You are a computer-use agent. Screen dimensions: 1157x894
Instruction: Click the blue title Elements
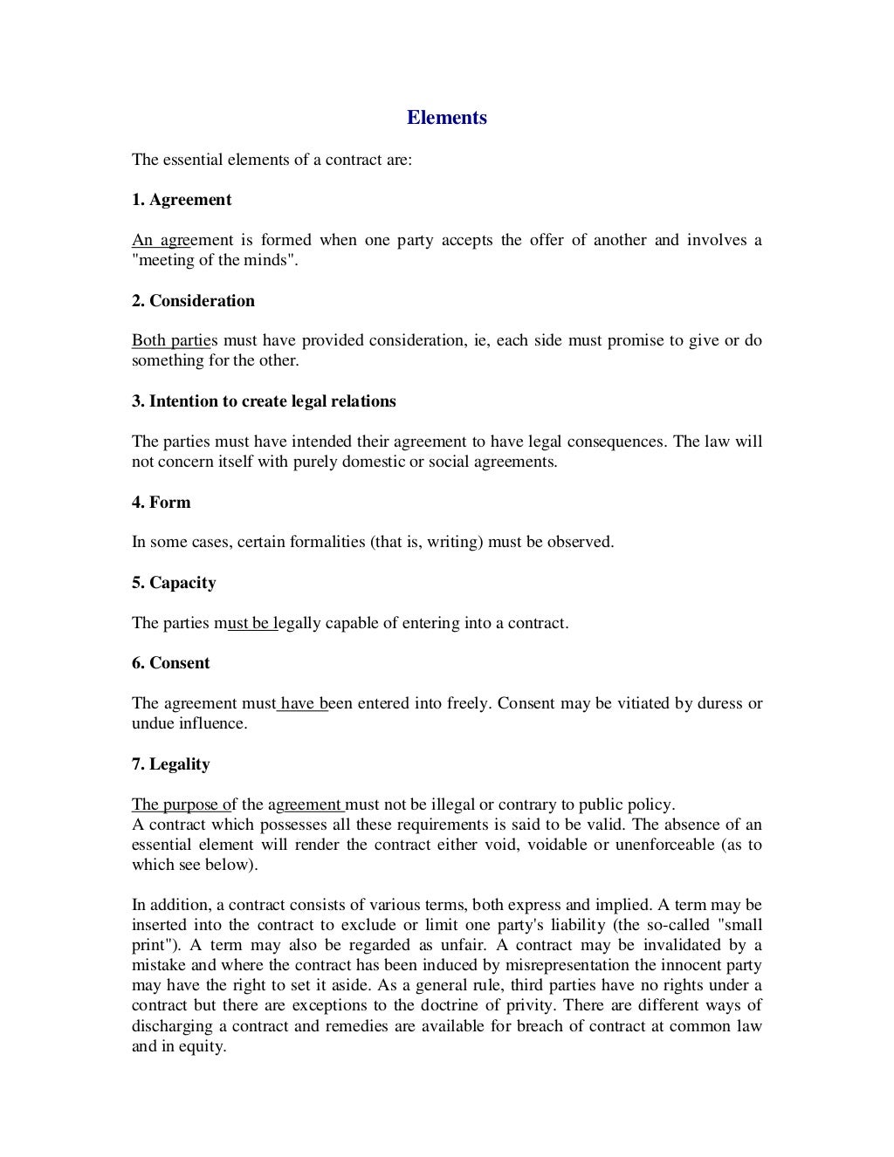click(x=446, y=118)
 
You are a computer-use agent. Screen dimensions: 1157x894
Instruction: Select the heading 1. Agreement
click(x=182, y=200)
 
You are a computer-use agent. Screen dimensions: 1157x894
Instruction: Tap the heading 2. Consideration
click(x=193, y=301)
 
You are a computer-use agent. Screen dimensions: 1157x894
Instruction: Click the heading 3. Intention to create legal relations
click(x=264, y=401)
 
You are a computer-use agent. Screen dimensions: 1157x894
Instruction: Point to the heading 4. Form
click(x=161, y=503)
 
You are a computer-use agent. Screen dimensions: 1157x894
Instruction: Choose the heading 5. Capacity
click(x=174, y=583)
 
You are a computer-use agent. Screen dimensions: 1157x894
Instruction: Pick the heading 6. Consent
click(x=170, y=663)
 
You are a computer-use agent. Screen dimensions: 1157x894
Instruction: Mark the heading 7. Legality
click(x=170, y=764)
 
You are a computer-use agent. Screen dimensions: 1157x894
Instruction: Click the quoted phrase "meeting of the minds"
click(x=214, y=260)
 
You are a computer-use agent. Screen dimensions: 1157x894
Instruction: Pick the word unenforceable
click(x=665, y=845)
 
